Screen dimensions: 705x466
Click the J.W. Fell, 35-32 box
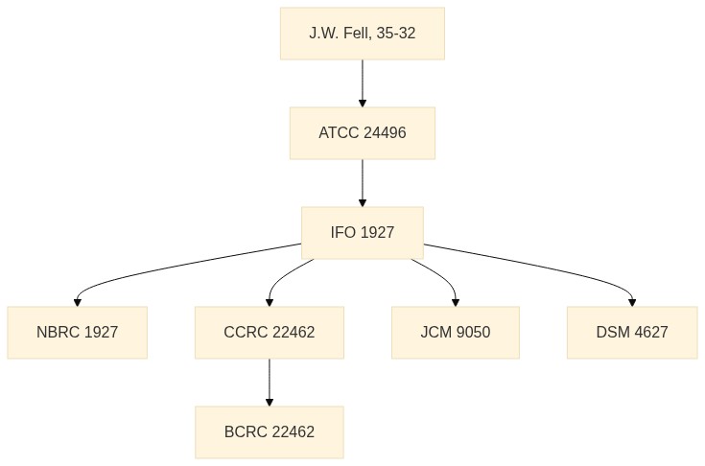[363, 34]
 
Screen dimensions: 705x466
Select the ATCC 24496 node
[363, 133]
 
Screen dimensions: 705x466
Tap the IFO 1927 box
[363, 233]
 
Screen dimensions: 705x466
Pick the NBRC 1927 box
[78, 333]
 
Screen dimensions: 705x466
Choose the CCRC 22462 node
[270, 333]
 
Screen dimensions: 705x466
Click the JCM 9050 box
[456, 333]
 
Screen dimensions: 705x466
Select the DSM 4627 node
[632, 333]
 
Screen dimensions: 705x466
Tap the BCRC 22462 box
[270, 432]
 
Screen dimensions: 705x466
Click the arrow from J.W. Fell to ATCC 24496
[363, 83]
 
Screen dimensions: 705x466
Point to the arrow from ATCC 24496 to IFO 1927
[363, 183]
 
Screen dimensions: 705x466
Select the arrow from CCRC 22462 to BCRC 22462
[270, 383]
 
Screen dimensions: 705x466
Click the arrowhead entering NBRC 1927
[78, 302]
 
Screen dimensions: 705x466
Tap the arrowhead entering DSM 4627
[632, 302]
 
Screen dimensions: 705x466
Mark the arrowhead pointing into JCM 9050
[456, 302]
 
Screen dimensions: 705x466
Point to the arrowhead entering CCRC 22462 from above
[270, 302]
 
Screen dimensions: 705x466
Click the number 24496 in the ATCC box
[385, 133]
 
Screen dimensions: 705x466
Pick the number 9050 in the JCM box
[473, 333]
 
